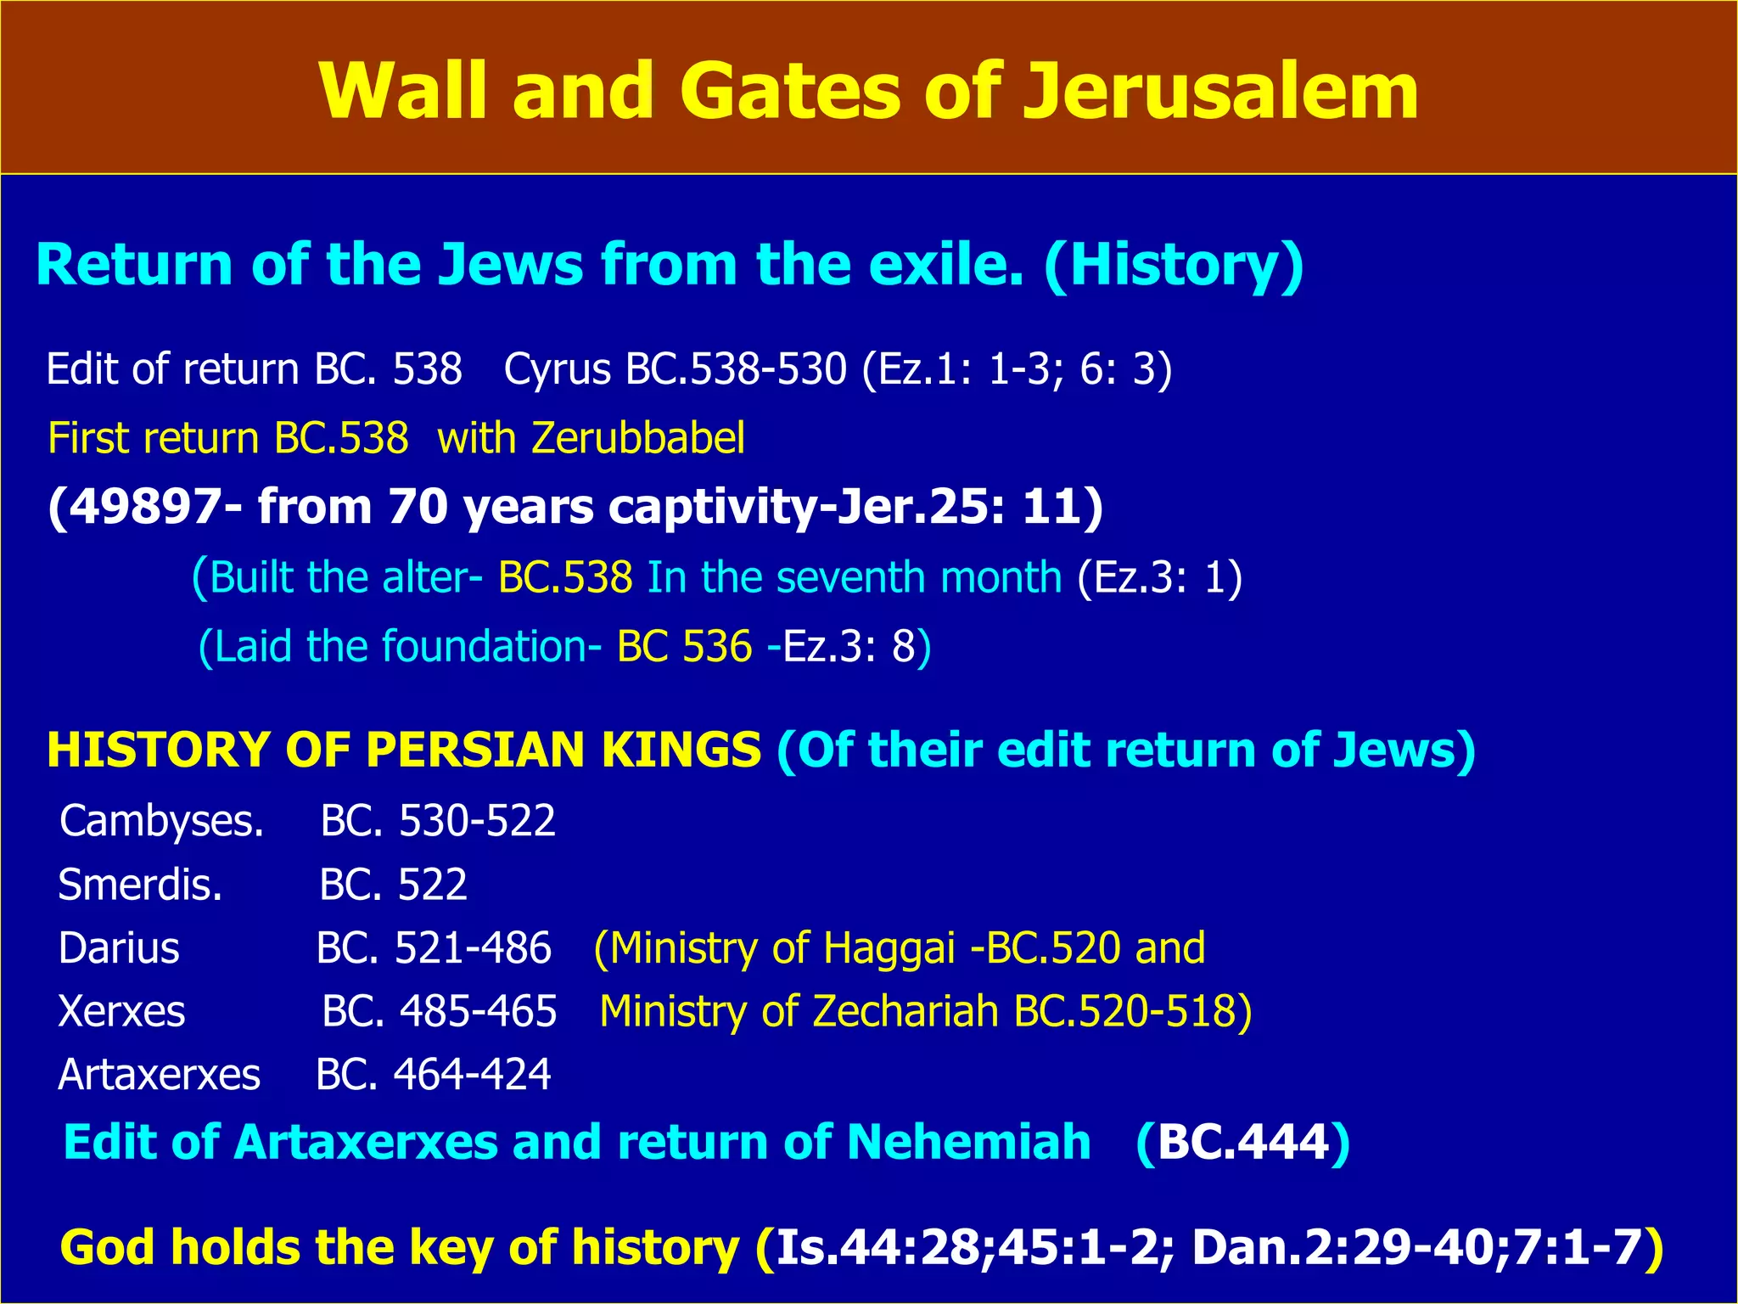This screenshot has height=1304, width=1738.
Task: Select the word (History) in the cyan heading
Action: pyautogui.click(x=1174, y=265)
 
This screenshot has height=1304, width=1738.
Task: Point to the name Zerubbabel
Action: pyautogui.click(x=638, y=439)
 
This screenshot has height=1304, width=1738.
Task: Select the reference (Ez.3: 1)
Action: pyautogui.click(x=1159, y=577)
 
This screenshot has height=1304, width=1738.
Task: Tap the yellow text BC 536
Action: pyautogui.click(x=684, y=647)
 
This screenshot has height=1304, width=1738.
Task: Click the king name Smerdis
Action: pyautogui.click(x=140, y=885)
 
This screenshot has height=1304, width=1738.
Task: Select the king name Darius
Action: pyautogui.click(x=119, y=948)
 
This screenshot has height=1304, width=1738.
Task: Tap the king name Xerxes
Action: pyautogui.click(x=121, y=1012)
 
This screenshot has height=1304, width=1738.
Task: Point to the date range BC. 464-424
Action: pyautogui.click(x=434, y=1075)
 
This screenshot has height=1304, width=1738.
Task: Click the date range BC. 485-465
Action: pyautogui.click(x=440, y=1012)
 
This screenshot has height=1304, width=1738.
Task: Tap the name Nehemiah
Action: pyautogui.click(x=968, y=1142)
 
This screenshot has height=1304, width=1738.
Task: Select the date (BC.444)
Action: pyautogui.click(x=1242, y=1142)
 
